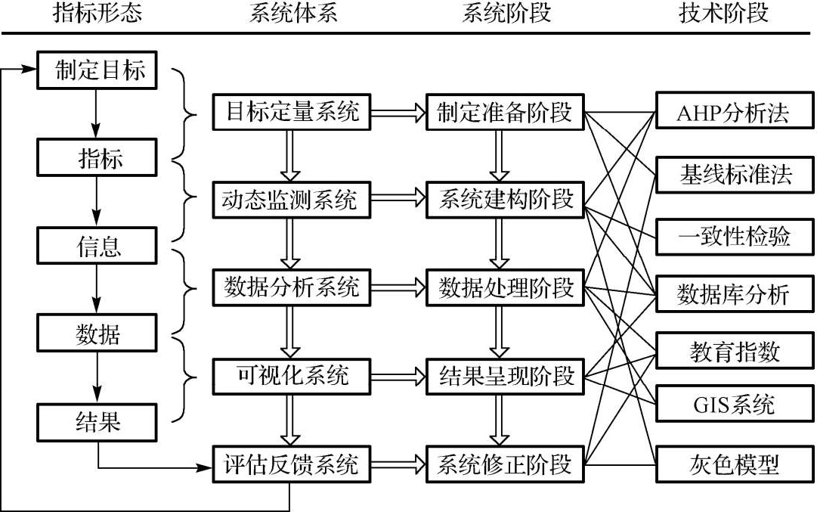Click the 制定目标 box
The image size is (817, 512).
point(98,71)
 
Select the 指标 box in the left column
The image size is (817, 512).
point(98,158)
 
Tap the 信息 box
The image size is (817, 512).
point(98,246)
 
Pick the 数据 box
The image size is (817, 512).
point(98,334)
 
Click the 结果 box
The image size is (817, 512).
point(98,421)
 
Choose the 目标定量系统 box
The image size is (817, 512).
point(291,113)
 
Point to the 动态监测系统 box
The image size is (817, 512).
point(291,200)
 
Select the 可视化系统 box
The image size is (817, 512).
point(291,375)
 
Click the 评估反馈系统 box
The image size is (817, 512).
point(291,464)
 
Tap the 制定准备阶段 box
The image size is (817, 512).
point(506,113)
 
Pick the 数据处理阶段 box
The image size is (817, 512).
point(506,288)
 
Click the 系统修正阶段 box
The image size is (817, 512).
point(506,464)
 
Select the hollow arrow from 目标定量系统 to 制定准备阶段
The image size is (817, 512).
point(398,113)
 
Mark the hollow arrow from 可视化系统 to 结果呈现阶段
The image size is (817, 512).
point(398,375)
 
